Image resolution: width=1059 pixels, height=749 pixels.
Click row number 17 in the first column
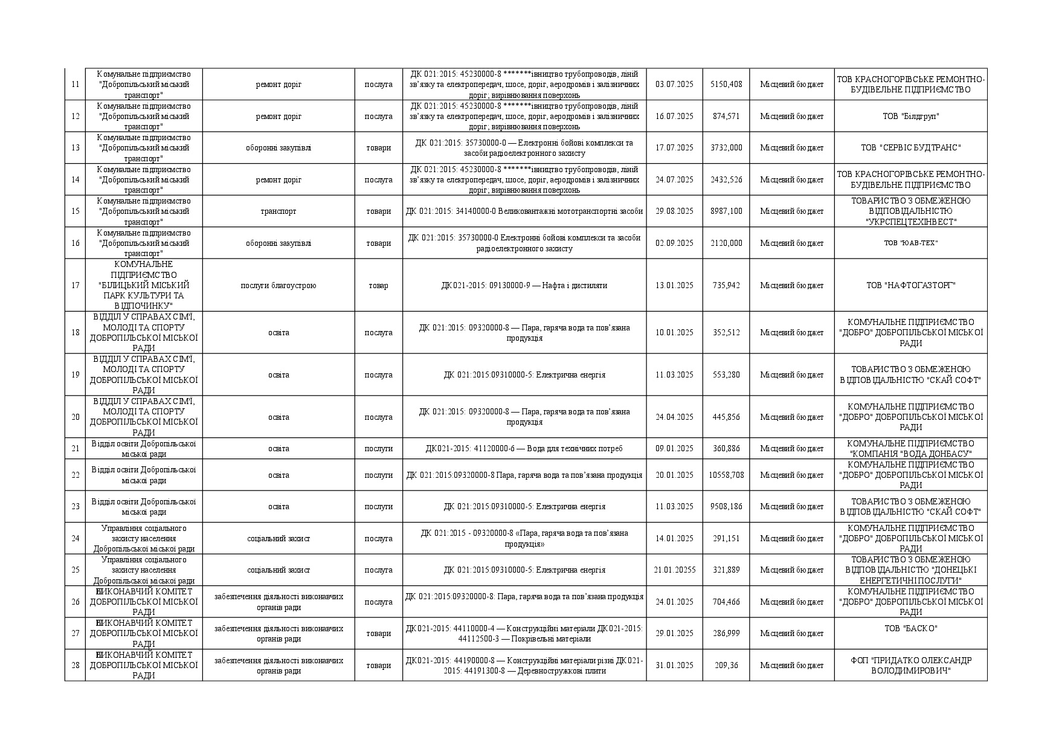coord(76,285)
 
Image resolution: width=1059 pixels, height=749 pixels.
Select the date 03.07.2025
coord(674,85)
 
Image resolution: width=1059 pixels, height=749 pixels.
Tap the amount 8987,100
coord(726,211)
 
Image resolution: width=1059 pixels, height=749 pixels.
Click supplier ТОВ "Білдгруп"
coord(910,116)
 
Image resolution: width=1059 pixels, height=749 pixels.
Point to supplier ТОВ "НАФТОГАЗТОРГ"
coord(910,285)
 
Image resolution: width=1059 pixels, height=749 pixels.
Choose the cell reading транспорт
coord(278,211)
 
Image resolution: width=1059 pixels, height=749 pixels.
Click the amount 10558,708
coord(726,475)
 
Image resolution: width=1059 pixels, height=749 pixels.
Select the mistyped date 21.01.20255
coord(674,570)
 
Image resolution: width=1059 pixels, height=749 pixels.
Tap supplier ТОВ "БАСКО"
coord(910,628)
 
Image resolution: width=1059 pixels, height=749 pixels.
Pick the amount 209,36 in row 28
coord(726,665)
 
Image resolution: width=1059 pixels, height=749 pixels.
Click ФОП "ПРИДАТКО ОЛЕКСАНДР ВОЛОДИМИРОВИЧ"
coord(910,665)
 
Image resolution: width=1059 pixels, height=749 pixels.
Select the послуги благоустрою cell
coord(278,285)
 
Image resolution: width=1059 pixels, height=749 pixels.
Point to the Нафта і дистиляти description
coord(524,285)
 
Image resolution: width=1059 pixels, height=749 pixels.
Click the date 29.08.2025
coord(674,211)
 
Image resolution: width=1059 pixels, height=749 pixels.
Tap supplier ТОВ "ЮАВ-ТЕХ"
coord(910,243)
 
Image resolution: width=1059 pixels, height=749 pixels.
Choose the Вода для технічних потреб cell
coord(524,448)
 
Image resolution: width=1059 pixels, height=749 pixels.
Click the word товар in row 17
coord(378,285)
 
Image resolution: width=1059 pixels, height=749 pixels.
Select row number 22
coord(76,475)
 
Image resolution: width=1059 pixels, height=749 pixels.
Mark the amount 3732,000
coord(726,147)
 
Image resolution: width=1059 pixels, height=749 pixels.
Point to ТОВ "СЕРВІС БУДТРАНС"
coord(910,147)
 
